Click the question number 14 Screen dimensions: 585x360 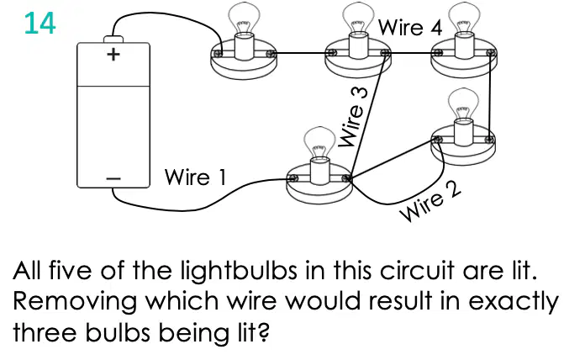click(40, 24)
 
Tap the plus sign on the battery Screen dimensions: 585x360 click(113, 55)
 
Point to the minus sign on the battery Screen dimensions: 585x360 click(113, 179)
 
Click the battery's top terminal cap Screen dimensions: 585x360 click(113, 40)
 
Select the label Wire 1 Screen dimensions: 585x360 click(195, 177)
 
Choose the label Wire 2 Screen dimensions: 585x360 click(430, 202)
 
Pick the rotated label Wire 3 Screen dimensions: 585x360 click(352, 117)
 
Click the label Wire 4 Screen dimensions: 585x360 click(410, 27)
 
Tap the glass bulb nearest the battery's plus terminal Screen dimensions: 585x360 click(244, 18)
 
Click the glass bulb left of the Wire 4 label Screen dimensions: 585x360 click(357, 18)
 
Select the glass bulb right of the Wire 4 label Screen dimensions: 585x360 click(464, 18)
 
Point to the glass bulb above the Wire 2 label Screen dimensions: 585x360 click(463, 104)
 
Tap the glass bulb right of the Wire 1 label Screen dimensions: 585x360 click(319, 143)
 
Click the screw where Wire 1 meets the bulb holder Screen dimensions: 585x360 click(292, 178)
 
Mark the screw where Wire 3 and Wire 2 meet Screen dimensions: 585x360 click(347, 178)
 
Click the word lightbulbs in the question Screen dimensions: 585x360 click(240, 271)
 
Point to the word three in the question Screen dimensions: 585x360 click(45, 332)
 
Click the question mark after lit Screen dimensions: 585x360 click(263, 331)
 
